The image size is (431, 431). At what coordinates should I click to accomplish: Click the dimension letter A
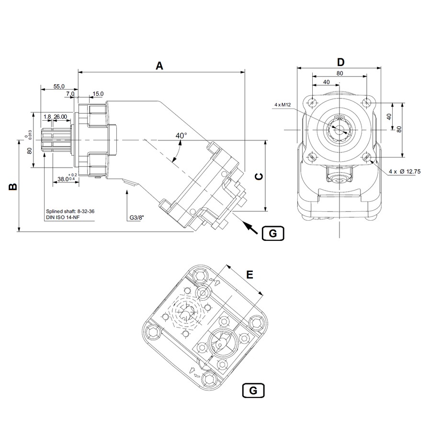point(159,66)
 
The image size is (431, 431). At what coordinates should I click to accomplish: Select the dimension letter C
point(258,176)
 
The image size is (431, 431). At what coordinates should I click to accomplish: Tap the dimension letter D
point(340,62)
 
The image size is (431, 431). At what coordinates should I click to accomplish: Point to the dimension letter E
point(249,274)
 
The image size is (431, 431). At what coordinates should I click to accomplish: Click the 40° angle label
point(181,136)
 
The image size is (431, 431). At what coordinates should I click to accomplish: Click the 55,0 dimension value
point(59,86)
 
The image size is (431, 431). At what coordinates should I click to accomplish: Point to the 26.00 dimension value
point(60,117)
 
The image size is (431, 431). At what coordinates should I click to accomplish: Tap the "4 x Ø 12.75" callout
point(405,171)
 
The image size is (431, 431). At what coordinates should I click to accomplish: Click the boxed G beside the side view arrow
point(273,233)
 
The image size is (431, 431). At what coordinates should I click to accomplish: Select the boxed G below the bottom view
point(253,390)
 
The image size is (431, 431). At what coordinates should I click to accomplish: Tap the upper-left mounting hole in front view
point(312,102)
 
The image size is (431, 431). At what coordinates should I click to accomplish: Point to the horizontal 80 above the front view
point(340,73)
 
